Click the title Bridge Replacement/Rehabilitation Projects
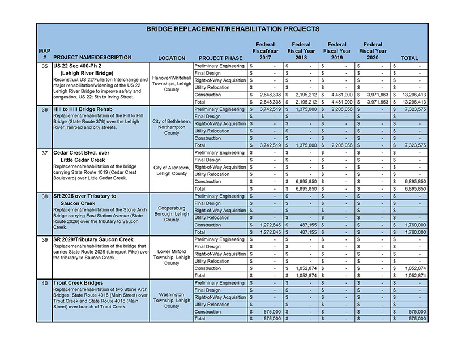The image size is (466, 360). tap(233, 29)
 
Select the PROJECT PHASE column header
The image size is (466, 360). tap(220, 58)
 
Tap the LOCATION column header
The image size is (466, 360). tap(172, 58)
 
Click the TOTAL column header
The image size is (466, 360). tap(409, 58)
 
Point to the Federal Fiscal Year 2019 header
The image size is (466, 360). tap(337, 51)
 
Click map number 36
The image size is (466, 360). tap(45, 109)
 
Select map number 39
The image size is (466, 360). tap(45, 239)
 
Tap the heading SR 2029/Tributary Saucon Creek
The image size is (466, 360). tap(93, 239)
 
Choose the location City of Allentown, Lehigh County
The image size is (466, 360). tap(172, 170)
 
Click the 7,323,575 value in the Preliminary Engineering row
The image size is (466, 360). tap(411, 109)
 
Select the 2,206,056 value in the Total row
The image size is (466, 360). tap(339, 145)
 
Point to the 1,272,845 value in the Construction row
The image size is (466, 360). tap(267, 225)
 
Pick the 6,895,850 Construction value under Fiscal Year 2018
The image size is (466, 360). tap(303, 182)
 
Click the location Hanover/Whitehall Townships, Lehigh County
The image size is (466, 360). tap(172, 83)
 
